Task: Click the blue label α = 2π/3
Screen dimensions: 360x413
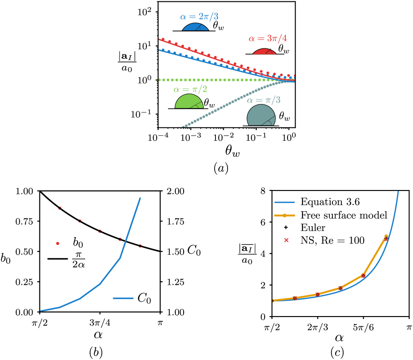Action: pyautogui.click(x=199, y=17)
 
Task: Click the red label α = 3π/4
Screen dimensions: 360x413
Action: pyautogui.click(x=267, y=39)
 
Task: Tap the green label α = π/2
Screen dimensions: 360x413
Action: pyautogui.click(x=190, y=89)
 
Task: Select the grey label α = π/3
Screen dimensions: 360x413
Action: pyautogui.click(x=264, y=100)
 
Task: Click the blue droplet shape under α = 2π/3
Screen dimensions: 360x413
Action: pyautogui.click(x=195, y=27)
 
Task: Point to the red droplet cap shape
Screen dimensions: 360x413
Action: pyautogui.click(x=264, y=52)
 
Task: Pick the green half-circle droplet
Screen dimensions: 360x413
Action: pyautogui.click(x=189, y=102)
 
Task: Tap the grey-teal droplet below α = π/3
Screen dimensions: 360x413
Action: pyautogui.click(x=261, y=117)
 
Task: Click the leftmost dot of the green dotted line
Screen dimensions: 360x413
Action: pyautogui.click(x=160, y=80)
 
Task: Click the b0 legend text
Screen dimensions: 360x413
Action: pyautogui.click(x=78, y=243)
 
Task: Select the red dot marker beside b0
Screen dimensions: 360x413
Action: pyautogui.click(x=57, y=243)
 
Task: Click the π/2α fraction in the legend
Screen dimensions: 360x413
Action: pyautogui.click(x=78, y=260)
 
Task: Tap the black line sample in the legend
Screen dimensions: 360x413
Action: pyautogui.click(x=57, y=259)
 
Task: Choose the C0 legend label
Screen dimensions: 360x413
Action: pyautogui.click(x=144, y=298)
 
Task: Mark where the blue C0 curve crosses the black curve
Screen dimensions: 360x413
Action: pyautogui.click(x=125, y=241)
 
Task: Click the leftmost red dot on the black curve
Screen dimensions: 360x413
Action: pyautogui.click(x=60, y=208)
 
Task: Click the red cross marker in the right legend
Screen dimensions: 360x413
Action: pyautogui.click(x=286, y=240)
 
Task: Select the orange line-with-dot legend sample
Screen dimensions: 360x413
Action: pyautogui.click(x=284, y=216)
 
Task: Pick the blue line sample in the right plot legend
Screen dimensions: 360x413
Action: pyautogui.click(x=284, y=202)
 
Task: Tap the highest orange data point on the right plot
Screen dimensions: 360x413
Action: pyautogui.click(x=386, y=236)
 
